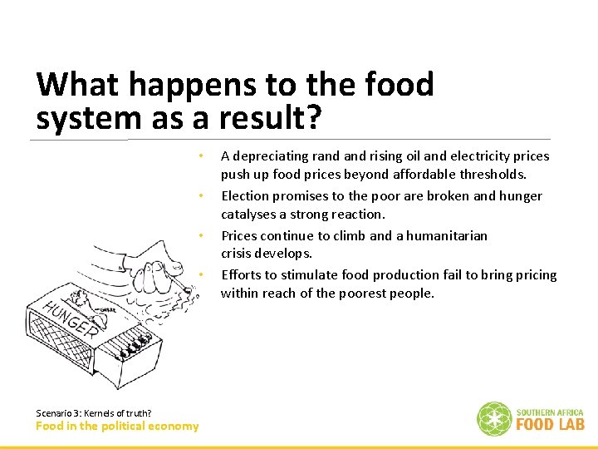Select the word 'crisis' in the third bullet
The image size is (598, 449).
click(238, 254)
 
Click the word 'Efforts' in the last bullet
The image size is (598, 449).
click(242, 275)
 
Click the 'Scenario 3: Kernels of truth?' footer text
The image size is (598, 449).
click(94, 413)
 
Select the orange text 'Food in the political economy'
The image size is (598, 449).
click(117, 427)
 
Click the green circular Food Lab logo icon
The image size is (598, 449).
click(493, 419)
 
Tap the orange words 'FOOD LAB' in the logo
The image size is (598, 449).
click(550, 424)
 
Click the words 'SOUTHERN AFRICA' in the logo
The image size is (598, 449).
click(550, 412)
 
